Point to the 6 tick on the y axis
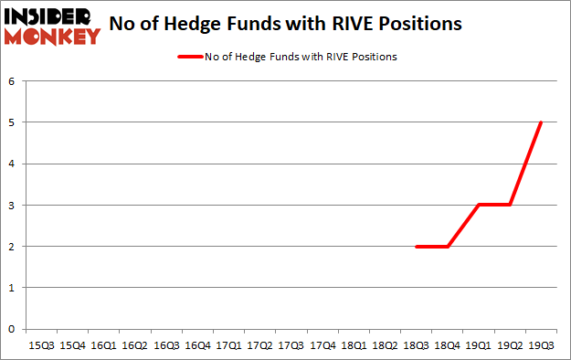pos(13,80)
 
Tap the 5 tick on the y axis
pos(13,122)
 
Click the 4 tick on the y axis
pos(13,164)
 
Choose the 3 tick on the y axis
pos(13,205)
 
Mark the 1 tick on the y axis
pos(13,288)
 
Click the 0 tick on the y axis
pos(13,329)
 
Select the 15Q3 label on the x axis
pos(42,345)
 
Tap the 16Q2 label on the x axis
pos(135,345)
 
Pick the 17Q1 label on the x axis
pos(228,345)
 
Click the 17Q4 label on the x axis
pos(322,345)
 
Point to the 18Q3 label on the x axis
pos(415,345)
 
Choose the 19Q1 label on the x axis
pos(477,345)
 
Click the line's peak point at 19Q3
pos(541,122)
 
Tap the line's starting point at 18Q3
pos(417,247)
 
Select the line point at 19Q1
pos(479,205)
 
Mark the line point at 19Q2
pos(510,205)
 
